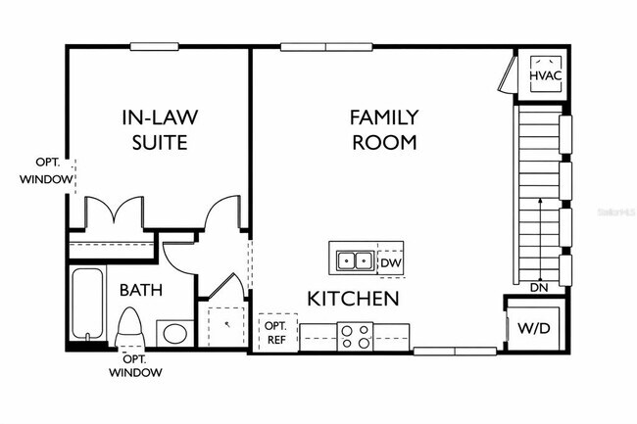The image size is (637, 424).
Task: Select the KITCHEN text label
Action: coord(353,298)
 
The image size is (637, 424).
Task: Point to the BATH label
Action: coord(141,290)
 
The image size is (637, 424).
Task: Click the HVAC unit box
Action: coord(545,74)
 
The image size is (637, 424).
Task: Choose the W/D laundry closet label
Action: coord(533,327)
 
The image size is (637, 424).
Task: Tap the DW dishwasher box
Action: coord(390,261)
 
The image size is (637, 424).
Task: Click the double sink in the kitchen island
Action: coord(354,260)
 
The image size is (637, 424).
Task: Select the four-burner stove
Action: coord(354,336)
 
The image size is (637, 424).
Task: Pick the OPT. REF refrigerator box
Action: coord(275,332)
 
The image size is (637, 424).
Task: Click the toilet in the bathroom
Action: coord(129,326)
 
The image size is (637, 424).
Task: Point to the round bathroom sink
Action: coord(175,334)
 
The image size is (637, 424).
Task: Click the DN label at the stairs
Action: coord(539,288)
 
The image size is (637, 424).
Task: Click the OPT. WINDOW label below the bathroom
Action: coord(135,365)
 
